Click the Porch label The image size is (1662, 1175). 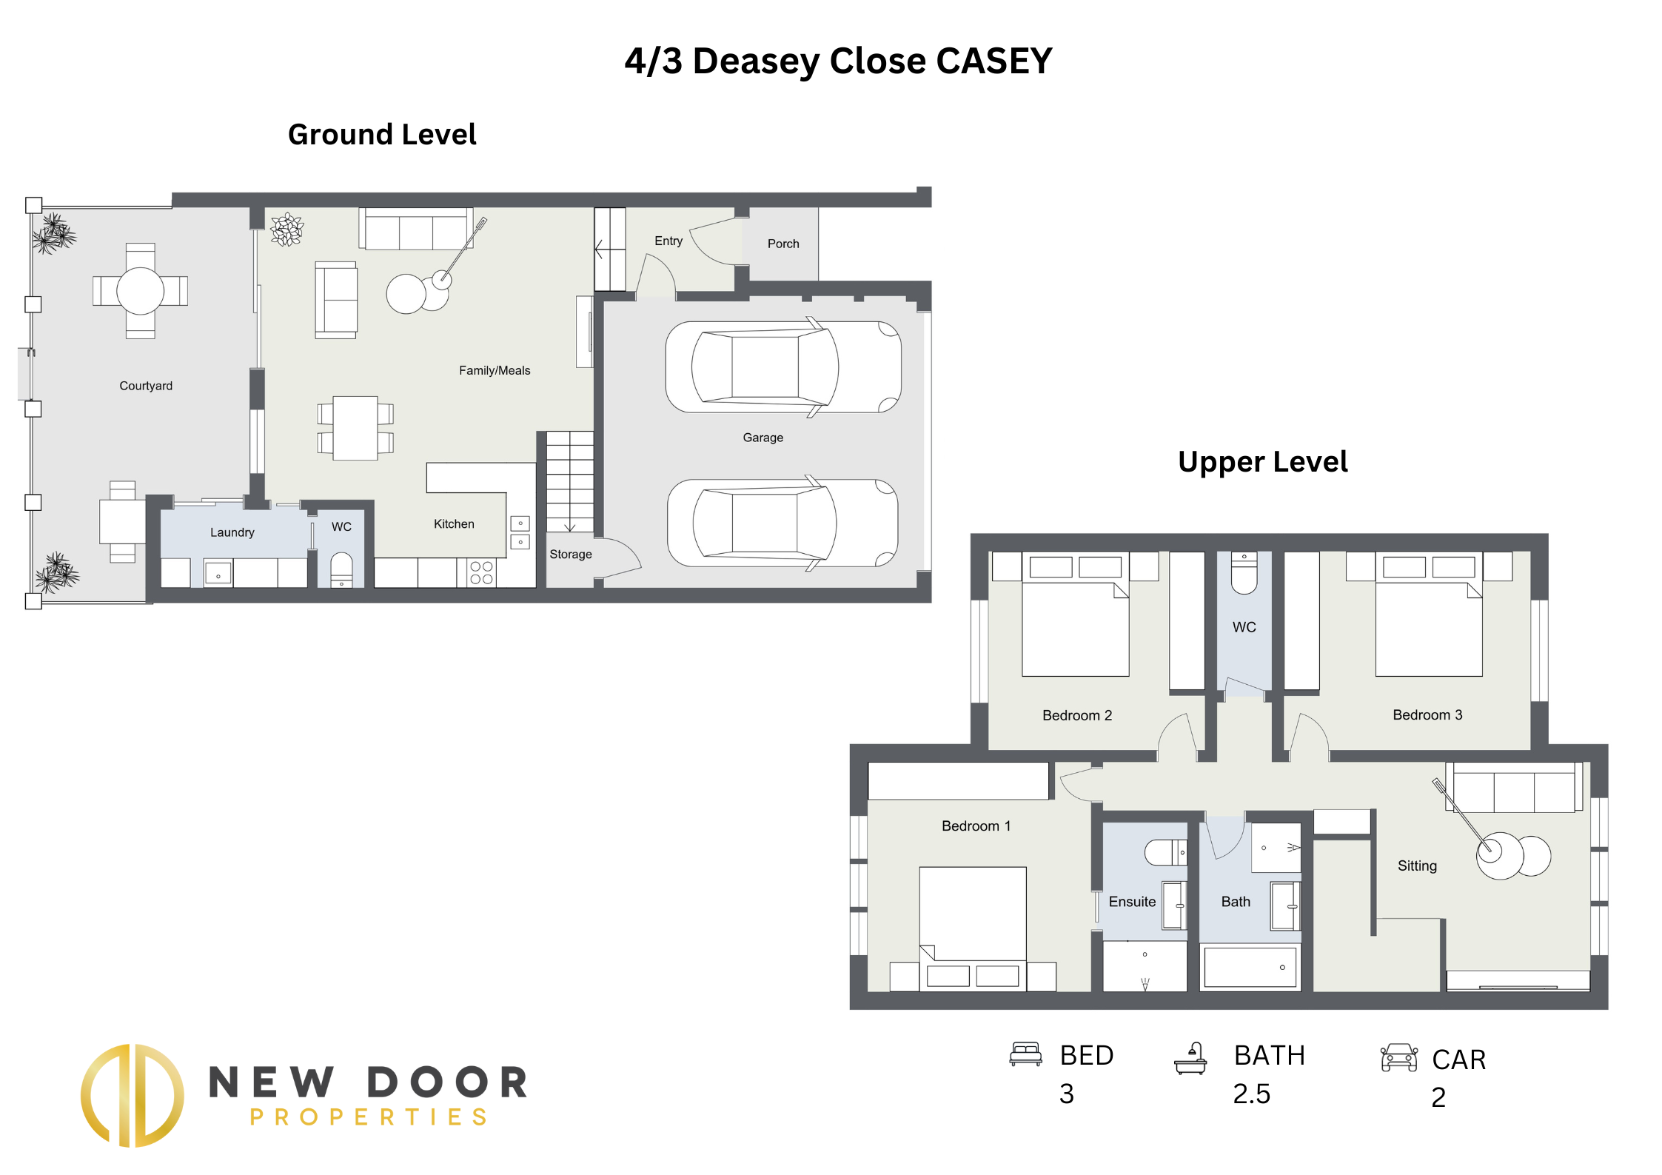(783, 244)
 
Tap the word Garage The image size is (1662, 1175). (763, 438)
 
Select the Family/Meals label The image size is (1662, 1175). (495, 370)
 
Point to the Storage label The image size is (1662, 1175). (570, 555)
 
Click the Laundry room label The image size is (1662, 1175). (232, 532)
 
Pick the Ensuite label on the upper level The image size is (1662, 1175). (1132, 902)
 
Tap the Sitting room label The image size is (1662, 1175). (1417, 866)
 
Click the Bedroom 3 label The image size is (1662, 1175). (1427, 715)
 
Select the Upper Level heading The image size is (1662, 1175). (1262, 462)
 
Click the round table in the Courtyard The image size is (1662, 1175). (140, 291)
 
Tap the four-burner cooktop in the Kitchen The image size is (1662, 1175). (482, 573)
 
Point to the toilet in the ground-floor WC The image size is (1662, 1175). (341, 569)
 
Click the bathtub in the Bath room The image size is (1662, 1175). (1250, 967)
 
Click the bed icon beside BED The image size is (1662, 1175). (1025, 1054)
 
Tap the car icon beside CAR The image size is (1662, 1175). (1398, 1058)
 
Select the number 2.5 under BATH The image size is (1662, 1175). (1251, 1094)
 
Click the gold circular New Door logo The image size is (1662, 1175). (133, 1095)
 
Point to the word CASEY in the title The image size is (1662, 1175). (993, 61)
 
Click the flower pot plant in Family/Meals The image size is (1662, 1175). (287, 230)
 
